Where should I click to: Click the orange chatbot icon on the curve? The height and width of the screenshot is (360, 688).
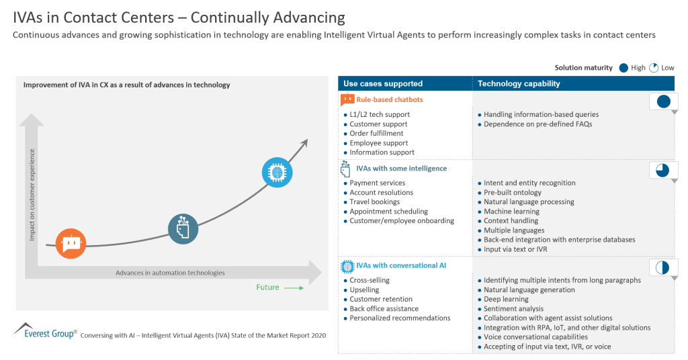tap(71, 243)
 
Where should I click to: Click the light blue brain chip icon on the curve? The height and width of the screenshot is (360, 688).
tap(277, 172)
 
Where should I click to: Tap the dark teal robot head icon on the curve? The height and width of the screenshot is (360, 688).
tap(183, 228)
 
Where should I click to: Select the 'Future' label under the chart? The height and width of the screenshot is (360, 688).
tap(267, 287)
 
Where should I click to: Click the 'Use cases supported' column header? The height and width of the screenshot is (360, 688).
tap(383, 84)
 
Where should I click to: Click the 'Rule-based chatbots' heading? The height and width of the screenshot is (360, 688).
tap(389, 100)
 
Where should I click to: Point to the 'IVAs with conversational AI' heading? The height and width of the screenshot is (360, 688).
tap(400, 265)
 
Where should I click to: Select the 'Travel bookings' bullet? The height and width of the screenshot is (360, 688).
tap(374, 201)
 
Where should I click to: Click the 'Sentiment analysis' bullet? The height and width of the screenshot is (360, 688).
tap(514, 309)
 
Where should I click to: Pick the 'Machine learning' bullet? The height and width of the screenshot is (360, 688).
tap(511, 211)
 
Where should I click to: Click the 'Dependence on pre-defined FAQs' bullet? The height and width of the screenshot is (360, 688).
tap(537, 124)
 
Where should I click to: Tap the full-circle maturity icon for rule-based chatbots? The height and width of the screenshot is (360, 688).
tap(663, 102)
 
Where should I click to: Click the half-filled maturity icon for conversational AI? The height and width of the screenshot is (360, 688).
tap(663, 267)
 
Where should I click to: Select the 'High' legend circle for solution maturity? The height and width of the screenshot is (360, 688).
tap(623, 68)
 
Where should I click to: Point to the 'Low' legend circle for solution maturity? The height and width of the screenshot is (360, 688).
tap(654, 68)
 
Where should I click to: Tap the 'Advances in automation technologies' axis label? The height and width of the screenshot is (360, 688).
tap(170, 273)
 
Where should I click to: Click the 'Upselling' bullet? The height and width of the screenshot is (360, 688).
tap(364, 290)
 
